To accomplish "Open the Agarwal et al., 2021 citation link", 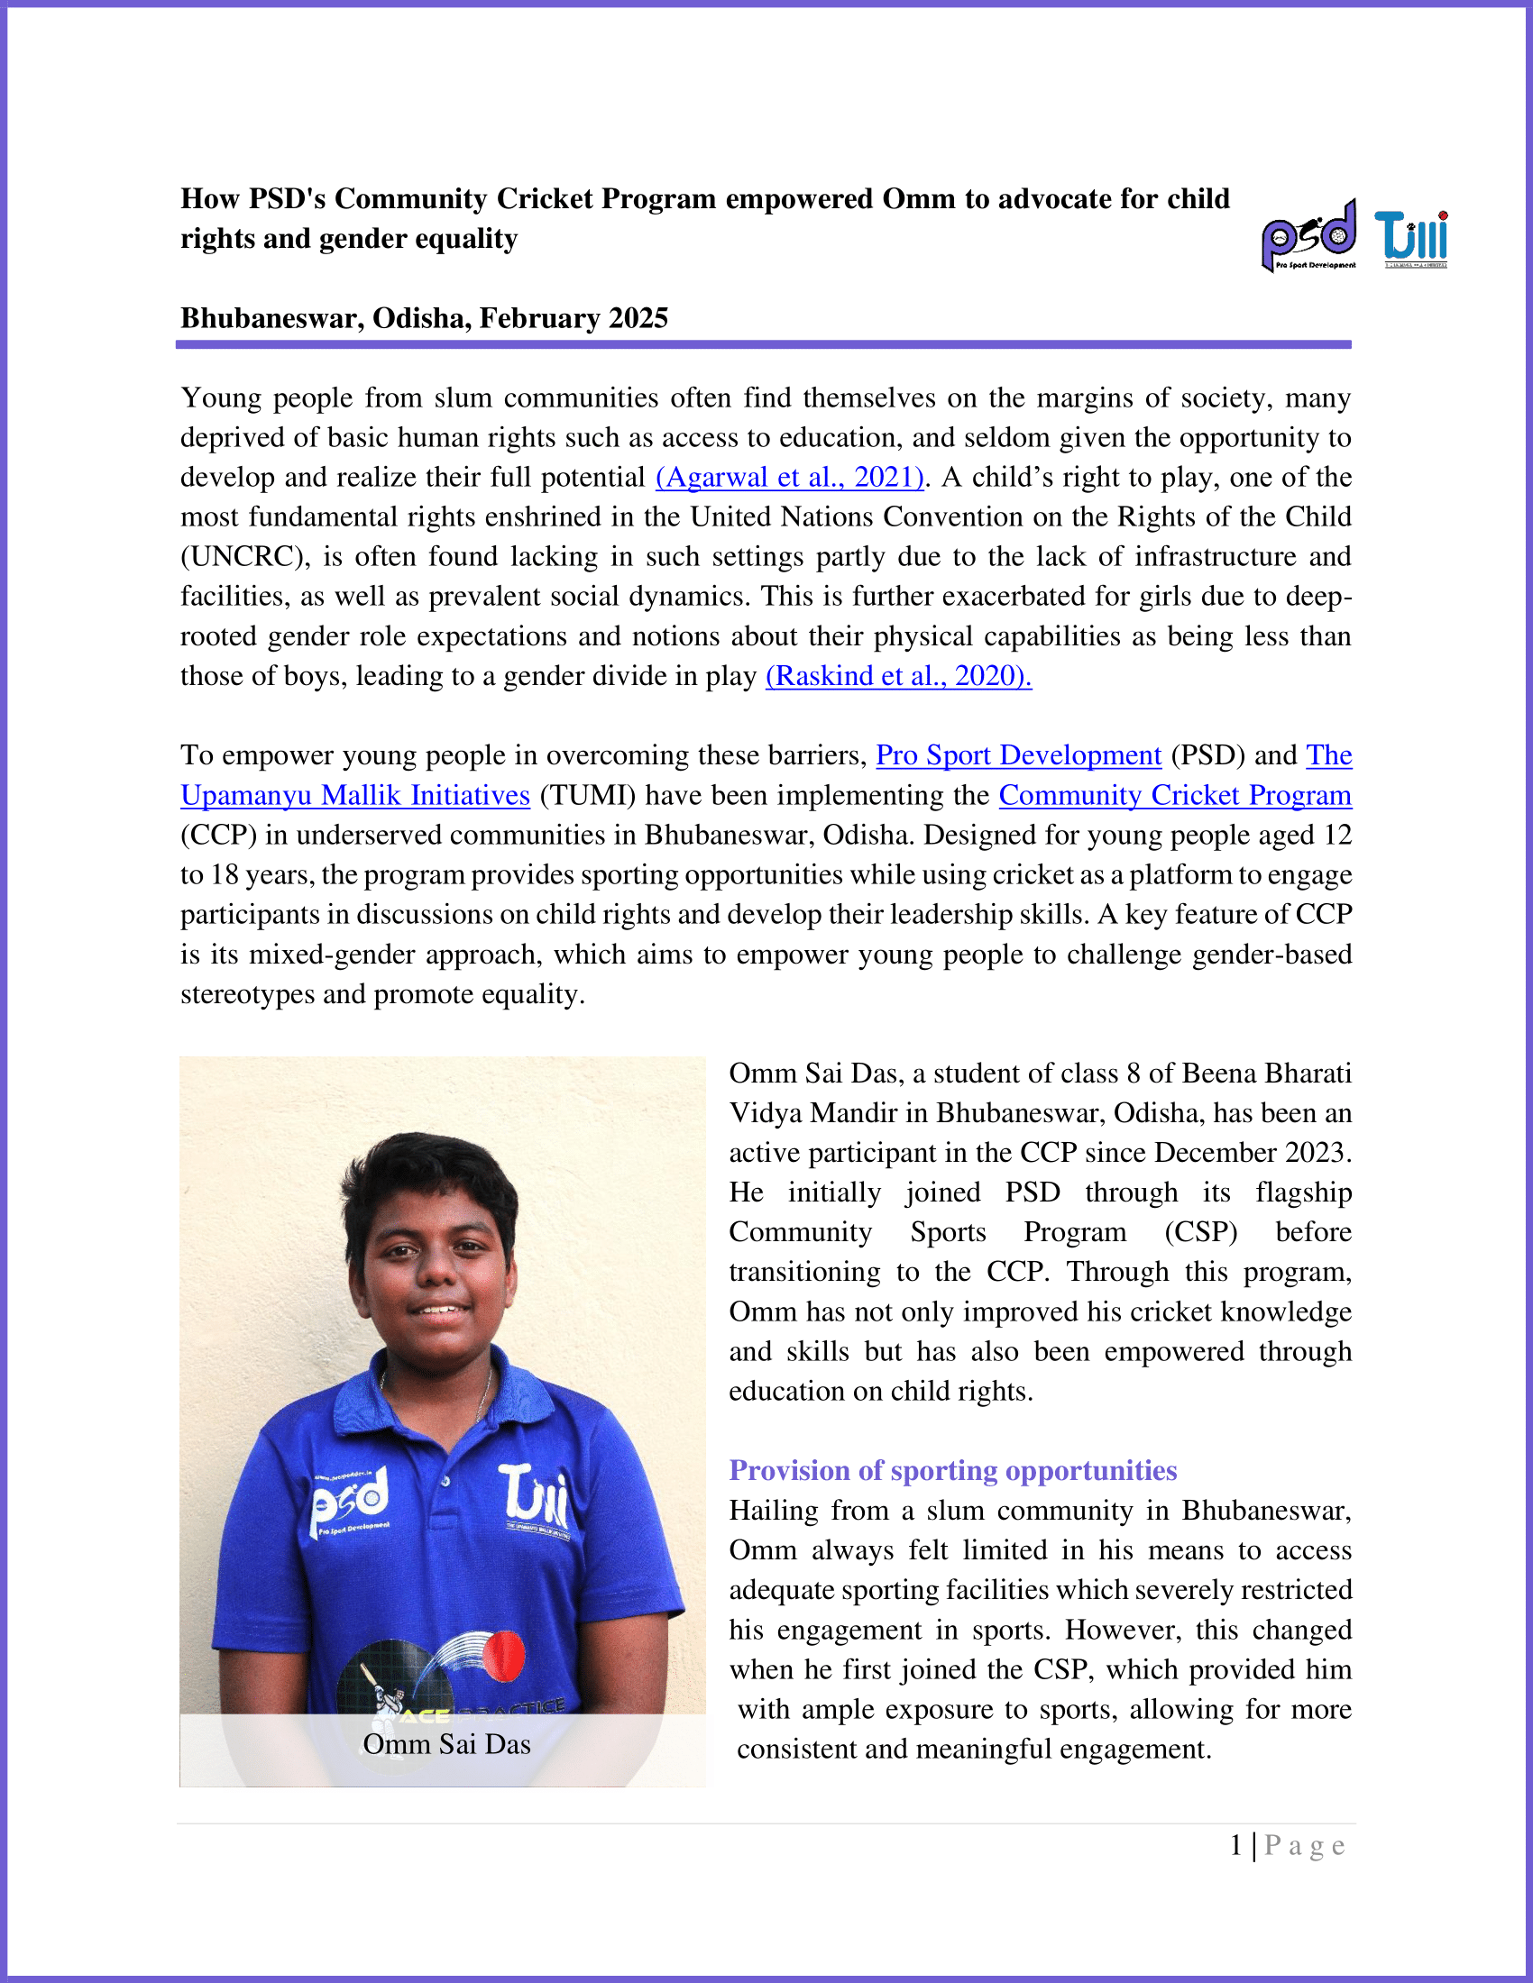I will pyautogui.click(x=789, y=478).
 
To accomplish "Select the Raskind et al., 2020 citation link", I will pyautogui.click(x=898, y=675).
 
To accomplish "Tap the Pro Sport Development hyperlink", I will pyautogui.click(x=1018, y=755).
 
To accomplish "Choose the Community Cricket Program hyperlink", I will pyautogui.click(x=1174, y=795).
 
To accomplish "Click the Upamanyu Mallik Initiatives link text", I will pyautogui.click(x=355, y=795).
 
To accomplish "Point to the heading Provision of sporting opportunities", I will pyautogui.click(x=952, y=1470).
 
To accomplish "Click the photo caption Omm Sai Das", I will pyautogui.click(x=445, y=1744).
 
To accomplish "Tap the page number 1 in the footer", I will pyautogui.click(x=1236, y=1846).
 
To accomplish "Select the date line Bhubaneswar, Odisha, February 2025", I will pyautogui.click(x=424, y=318).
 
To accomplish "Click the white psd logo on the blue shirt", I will pyautogui.click(x=351, y=1498).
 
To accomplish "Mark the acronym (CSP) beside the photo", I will pyautogui.click(x=1200, y=1232).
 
